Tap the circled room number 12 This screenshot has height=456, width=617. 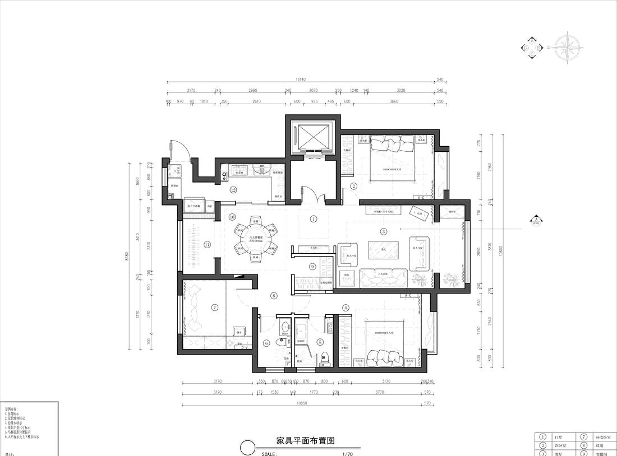pos(233,190)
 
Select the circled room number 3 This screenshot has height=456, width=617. pos(383,231)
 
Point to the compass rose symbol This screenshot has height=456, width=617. pos(568,48)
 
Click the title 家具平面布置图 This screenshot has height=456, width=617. pos(306,441)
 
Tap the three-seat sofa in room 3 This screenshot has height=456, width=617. pos(384,276)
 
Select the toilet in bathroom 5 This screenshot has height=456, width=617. pos(325,356)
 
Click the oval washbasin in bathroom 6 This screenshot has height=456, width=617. pos(284,327)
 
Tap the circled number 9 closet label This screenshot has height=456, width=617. pos(312,267)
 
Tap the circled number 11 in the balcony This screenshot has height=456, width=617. pos(207,244)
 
